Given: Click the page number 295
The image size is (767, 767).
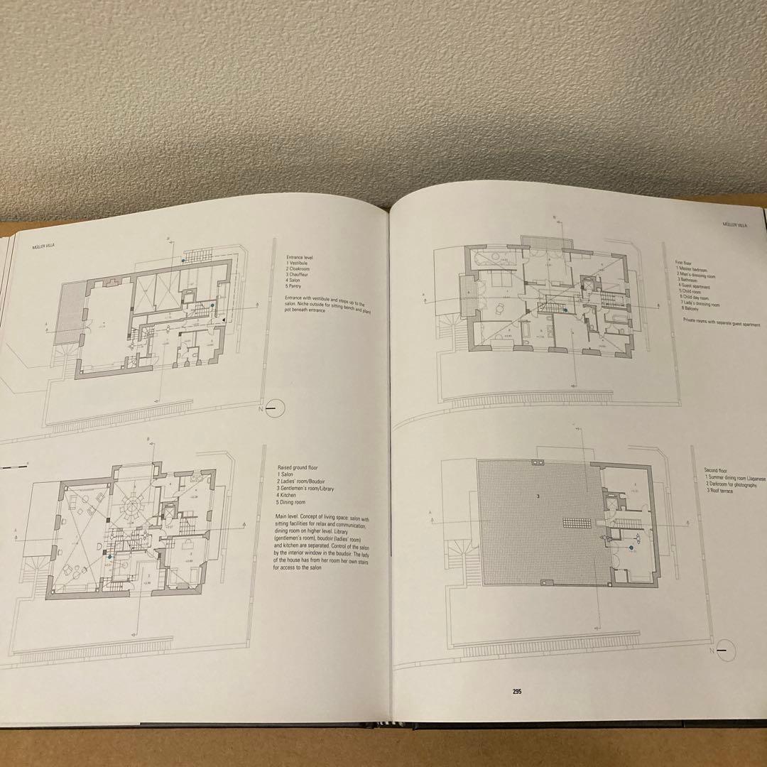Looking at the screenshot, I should [x=516, y=690].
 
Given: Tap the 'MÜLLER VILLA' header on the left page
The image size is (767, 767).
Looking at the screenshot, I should [x=45, y=248].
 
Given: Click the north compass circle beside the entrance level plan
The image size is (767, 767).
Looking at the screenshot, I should [x=275, y=408].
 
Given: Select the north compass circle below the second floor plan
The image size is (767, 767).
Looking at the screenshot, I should [x=724, y=650].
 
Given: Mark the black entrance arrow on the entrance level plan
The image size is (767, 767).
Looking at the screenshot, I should [x=224, y=321].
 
